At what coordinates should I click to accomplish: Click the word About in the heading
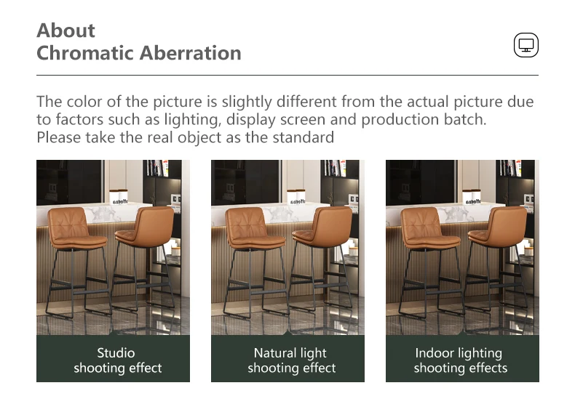(66, 31)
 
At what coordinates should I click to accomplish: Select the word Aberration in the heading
(190, 53)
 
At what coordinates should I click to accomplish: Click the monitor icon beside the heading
(526, 45)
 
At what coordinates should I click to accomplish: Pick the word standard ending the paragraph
(304, 137)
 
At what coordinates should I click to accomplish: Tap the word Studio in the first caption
(116, 353)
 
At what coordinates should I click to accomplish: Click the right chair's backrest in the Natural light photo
(332, 225)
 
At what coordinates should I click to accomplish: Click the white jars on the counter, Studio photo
(119, 197)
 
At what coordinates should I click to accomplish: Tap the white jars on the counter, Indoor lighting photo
(472, 197)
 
